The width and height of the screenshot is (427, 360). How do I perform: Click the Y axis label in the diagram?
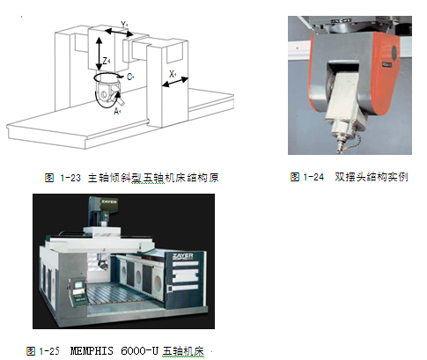tap(123, 25)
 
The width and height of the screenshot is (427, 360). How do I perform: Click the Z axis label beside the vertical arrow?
tap(105, 61)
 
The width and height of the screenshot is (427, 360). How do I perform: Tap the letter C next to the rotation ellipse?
tap(129, 77)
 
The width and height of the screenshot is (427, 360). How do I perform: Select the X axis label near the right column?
tap(172, 74)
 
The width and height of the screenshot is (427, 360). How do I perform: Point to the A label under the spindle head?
tap(116, 112)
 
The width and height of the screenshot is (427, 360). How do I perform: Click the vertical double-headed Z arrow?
tap(99, 54)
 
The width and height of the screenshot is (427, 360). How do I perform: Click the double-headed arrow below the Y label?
tap(119, 33)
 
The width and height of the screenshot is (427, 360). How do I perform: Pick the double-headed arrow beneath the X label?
tap(175, 82)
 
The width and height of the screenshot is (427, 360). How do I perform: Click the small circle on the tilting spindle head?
tap(103, 94)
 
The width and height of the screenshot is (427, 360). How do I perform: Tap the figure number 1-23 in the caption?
tap(70, 178)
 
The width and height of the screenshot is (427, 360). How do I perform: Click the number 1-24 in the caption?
tap(313, 177)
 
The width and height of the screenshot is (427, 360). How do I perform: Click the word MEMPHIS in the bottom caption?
tap(92, 351)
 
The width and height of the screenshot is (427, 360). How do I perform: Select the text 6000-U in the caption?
tap(139, 351)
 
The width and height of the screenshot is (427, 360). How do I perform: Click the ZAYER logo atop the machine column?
tap(109, 202)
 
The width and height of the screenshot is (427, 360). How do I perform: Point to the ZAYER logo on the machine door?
tap(183, 256)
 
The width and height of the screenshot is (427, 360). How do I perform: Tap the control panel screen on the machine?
tap(78, 285)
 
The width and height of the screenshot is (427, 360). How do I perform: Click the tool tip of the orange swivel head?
tap(340, 151)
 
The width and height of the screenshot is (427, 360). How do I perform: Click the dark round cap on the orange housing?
tap(394, 53)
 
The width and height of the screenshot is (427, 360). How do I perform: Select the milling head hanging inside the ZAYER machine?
tap(103, 262)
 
